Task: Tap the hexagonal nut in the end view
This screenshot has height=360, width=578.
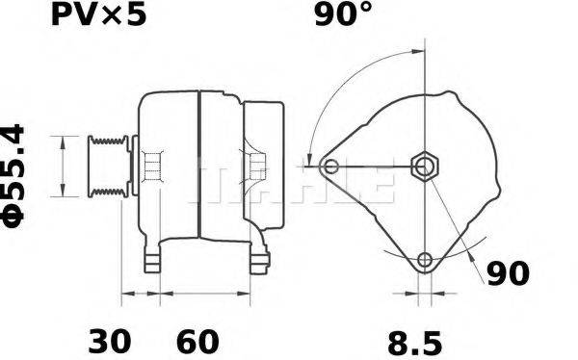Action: tap(424, 167)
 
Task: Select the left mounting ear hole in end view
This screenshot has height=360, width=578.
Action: tap(331, 167)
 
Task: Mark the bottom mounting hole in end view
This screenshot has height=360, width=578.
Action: tap(424, 259)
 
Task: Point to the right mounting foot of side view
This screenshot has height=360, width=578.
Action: tap(259, 260)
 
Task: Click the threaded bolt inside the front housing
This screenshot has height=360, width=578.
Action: tap(150, 167)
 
